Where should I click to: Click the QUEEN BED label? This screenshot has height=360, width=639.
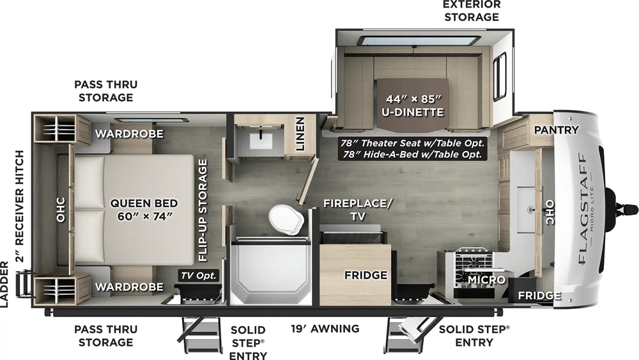tap(143, 203)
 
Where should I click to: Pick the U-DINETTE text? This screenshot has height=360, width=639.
tap(414, 113)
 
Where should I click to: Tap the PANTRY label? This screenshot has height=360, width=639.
tap(556, 130)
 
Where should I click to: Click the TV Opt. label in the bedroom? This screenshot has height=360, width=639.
tap(199, 276)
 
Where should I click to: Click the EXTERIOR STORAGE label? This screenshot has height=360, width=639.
tap(472, 10)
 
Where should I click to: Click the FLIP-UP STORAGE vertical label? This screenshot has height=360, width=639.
tap(203, 210)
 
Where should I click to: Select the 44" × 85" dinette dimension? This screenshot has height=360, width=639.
tap(414, 99)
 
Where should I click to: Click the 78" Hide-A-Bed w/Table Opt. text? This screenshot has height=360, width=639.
tap(413, 155)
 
